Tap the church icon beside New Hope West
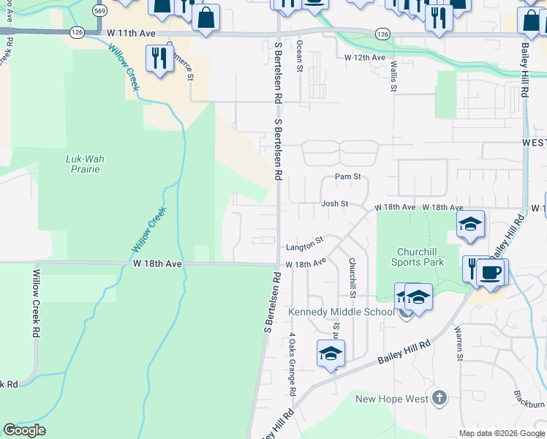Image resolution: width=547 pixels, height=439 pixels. click(x=439, y=398)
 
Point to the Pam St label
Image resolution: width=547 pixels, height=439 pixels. click(x=348, y=177)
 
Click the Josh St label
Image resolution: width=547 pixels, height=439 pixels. click(x=333, y=204)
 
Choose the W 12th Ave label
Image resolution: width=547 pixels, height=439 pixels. click(x=365, y=57)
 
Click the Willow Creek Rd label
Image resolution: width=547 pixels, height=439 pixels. click(x=35, y=302)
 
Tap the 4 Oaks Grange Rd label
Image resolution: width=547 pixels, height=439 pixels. click(x=292, y=364)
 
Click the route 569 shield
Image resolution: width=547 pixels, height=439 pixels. click(x=100, y=10)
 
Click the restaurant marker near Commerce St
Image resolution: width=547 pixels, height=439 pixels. click(x=159, y=57)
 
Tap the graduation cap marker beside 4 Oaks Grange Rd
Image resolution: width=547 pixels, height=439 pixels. click(x=330, y=353)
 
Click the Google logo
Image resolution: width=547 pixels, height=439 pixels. click(x=25, y=431)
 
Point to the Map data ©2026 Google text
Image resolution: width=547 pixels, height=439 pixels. click(x=502, y=433)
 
